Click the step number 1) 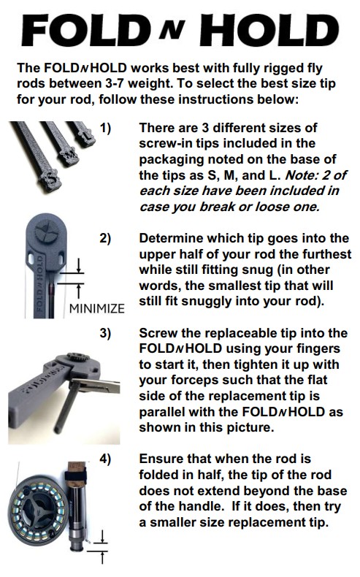(105, 129)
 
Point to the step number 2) (105, 239)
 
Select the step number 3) (105, 333)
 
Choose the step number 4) (105, 459)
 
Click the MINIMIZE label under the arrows (96, 307)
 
